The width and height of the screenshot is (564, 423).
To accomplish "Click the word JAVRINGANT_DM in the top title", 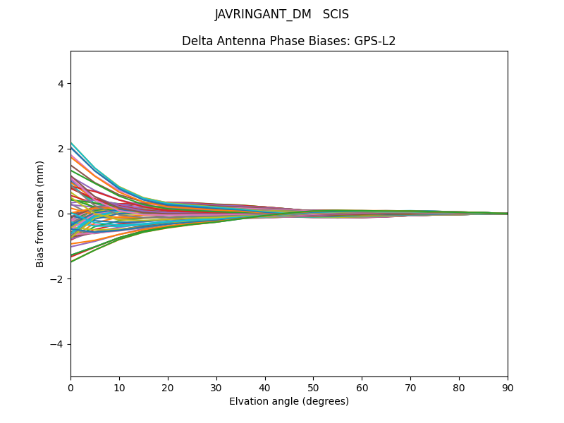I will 263,14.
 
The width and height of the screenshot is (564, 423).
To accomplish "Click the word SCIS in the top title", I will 336,14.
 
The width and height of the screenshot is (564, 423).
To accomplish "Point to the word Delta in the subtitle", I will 197,41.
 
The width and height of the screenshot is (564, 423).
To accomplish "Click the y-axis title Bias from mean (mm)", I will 41,214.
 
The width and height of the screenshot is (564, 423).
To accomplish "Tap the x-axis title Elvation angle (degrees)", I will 289,401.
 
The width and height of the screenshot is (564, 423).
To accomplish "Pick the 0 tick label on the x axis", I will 70,387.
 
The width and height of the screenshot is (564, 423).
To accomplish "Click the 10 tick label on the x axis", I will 119,387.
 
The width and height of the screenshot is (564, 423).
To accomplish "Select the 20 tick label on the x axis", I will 168,387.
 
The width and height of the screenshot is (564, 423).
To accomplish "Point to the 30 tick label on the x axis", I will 216,387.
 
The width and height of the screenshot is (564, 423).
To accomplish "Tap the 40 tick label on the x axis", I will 265,387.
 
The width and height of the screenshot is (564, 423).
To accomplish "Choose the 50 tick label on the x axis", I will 313,387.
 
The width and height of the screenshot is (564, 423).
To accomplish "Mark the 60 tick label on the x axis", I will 362,387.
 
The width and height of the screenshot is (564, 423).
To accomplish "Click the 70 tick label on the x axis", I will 410,387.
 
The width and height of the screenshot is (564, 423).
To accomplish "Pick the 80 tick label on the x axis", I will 459,387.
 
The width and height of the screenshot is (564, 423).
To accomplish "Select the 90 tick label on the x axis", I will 508,387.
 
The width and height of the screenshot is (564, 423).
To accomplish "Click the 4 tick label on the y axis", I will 61,84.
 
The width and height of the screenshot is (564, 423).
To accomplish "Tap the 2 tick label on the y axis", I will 61,149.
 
